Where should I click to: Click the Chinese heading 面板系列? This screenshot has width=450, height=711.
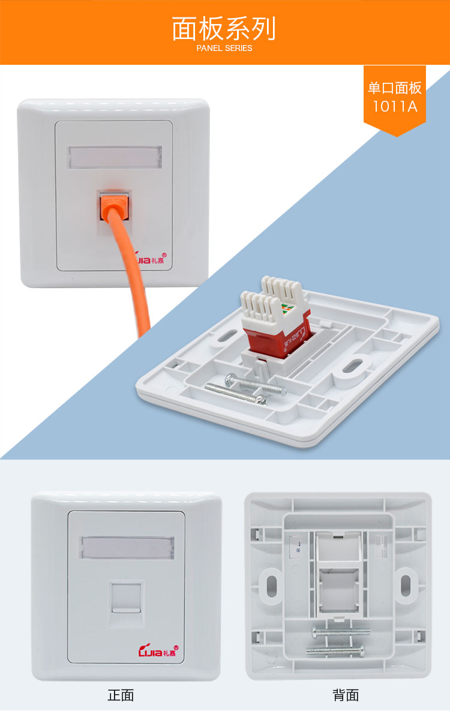[x=224, y=29]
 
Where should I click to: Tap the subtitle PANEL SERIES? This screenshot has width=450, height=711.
[x=224, y=48]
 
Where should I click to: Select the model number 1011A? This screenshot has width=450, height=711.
[x=395, y=107]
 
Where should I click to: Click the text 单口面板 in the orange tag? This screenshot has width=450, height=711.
[x=395, y=88]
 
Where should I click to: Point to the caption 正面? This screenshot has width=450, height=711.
[x=121, y=695]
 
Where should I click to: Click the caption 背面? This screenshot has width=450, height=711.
[x=346, y=695]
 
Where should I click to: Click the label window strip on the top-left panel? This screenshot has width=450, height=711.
[x=115, y=157]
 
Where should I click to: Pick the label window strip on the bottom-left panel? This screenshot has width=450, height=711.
[x=127, y=547]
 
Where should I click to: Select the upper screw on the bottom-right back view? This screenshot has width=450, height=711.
[x=341, y=631]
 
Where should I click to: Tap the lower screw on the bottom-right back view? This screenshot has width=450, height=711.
[x=335, y=651]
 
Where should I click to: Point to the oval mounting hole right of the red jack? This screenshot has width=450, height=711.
[x=352, y=367]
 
